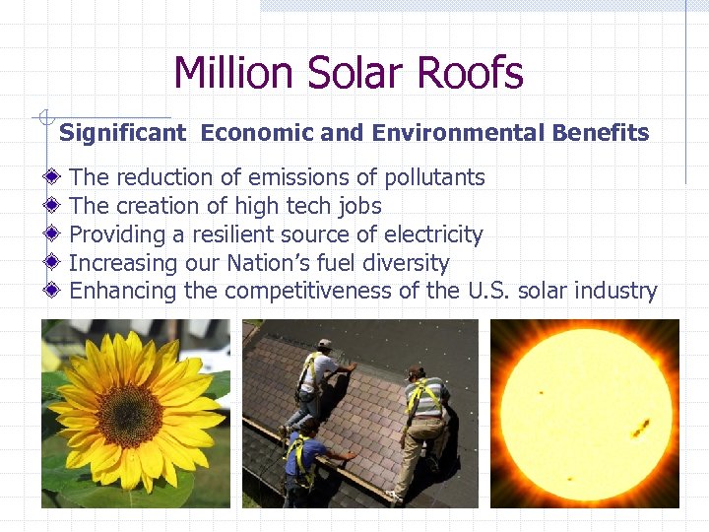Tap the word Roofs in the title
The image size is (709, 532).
click(x=471, y=73)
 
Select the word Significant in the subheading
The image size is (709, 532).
click(x=122, y=133)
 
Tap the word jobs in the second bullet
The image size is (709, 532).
click(x=358, y=207)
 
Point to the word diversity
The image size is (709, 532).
click(x=405, y=263)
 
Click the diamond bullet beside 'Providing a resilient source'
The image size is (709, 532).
click(x=53, y=234)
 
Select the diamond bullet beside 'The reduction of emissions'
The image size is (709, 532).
click(x=53, y=177)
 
